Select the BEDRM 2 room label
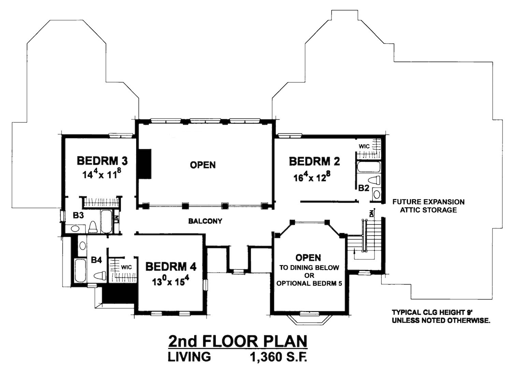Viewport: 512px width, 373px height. [314, 161]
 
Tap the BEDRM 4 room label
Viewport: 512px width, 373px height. [171, 267]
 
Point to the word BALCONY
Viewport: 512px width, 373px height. [205, 221]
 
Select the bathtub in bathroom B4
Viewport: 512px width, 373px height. [80, 271]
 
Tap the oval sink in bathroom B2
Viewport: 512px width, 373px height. [376, 195]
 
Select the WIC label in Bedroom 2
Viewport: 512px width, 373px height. [364, 146]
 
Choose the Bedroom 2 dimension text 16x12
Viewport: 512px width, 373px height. [312, 177]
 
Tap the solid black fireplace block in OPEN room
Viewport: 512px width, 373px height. [144, 164]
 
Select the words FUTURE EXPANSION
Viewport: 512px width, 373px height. [428, 202]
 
